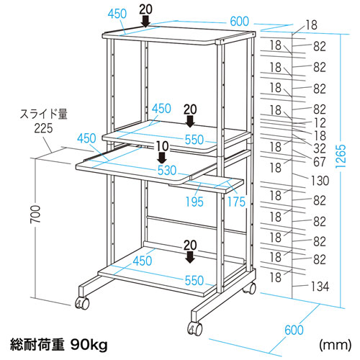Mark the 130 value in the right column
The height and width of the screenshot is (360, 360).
320,179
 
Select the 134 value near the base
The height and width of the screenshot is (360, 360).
320,287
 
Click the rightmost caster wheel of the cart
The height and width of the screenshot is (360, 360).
252,288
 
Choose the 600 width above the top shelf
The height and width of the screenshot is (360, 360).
237,22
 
